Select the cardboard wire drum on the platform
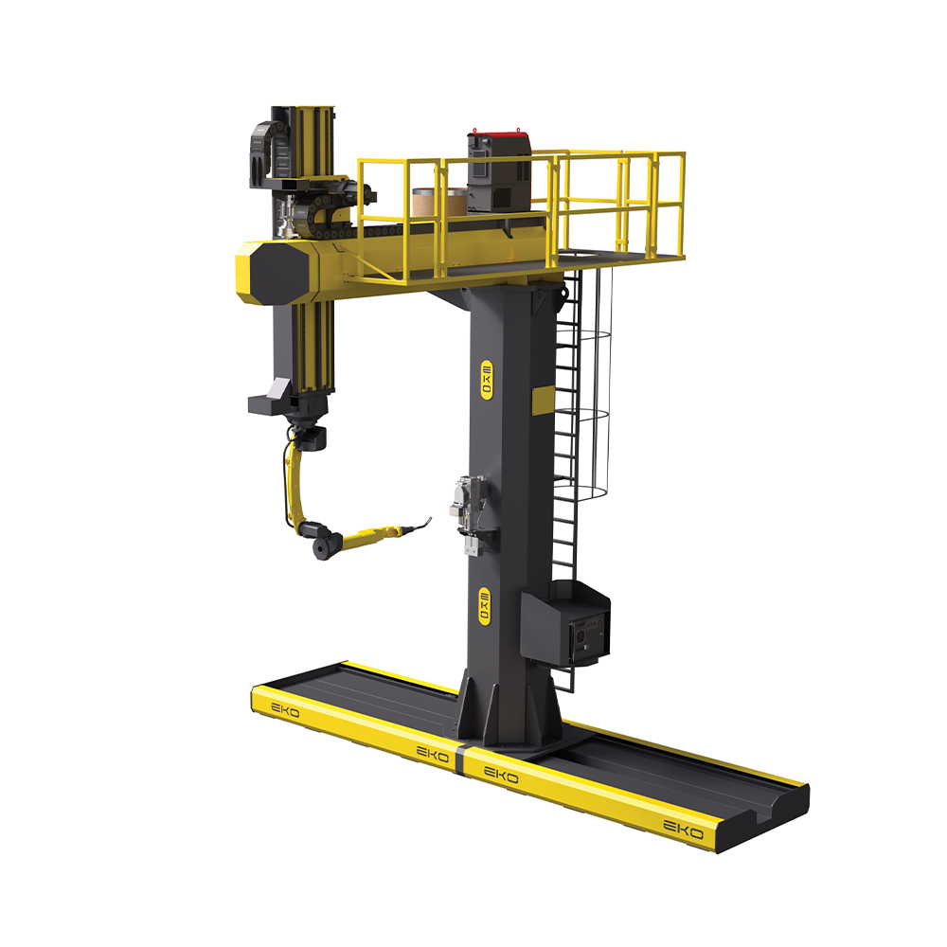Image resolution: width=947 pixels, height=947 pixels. [439, 203]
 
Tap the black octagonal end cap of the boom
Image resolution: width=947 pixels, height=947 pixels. [278, 273]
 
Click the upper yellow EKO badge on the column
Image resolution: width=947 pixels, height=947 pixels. [486, 380]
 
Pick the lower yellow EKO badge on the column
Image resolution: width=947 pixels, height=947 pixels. [484, 606]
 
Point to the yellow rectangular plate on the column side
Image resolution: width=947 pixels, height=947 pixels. [543, 400]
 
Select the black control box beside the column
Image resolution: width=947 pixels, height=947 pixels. [565, 623]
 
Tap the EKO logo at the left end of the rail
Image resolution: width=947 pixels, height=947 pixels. [285, 710]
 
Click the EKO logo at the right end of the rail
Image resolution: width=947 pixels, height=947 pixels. [684, 830]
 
